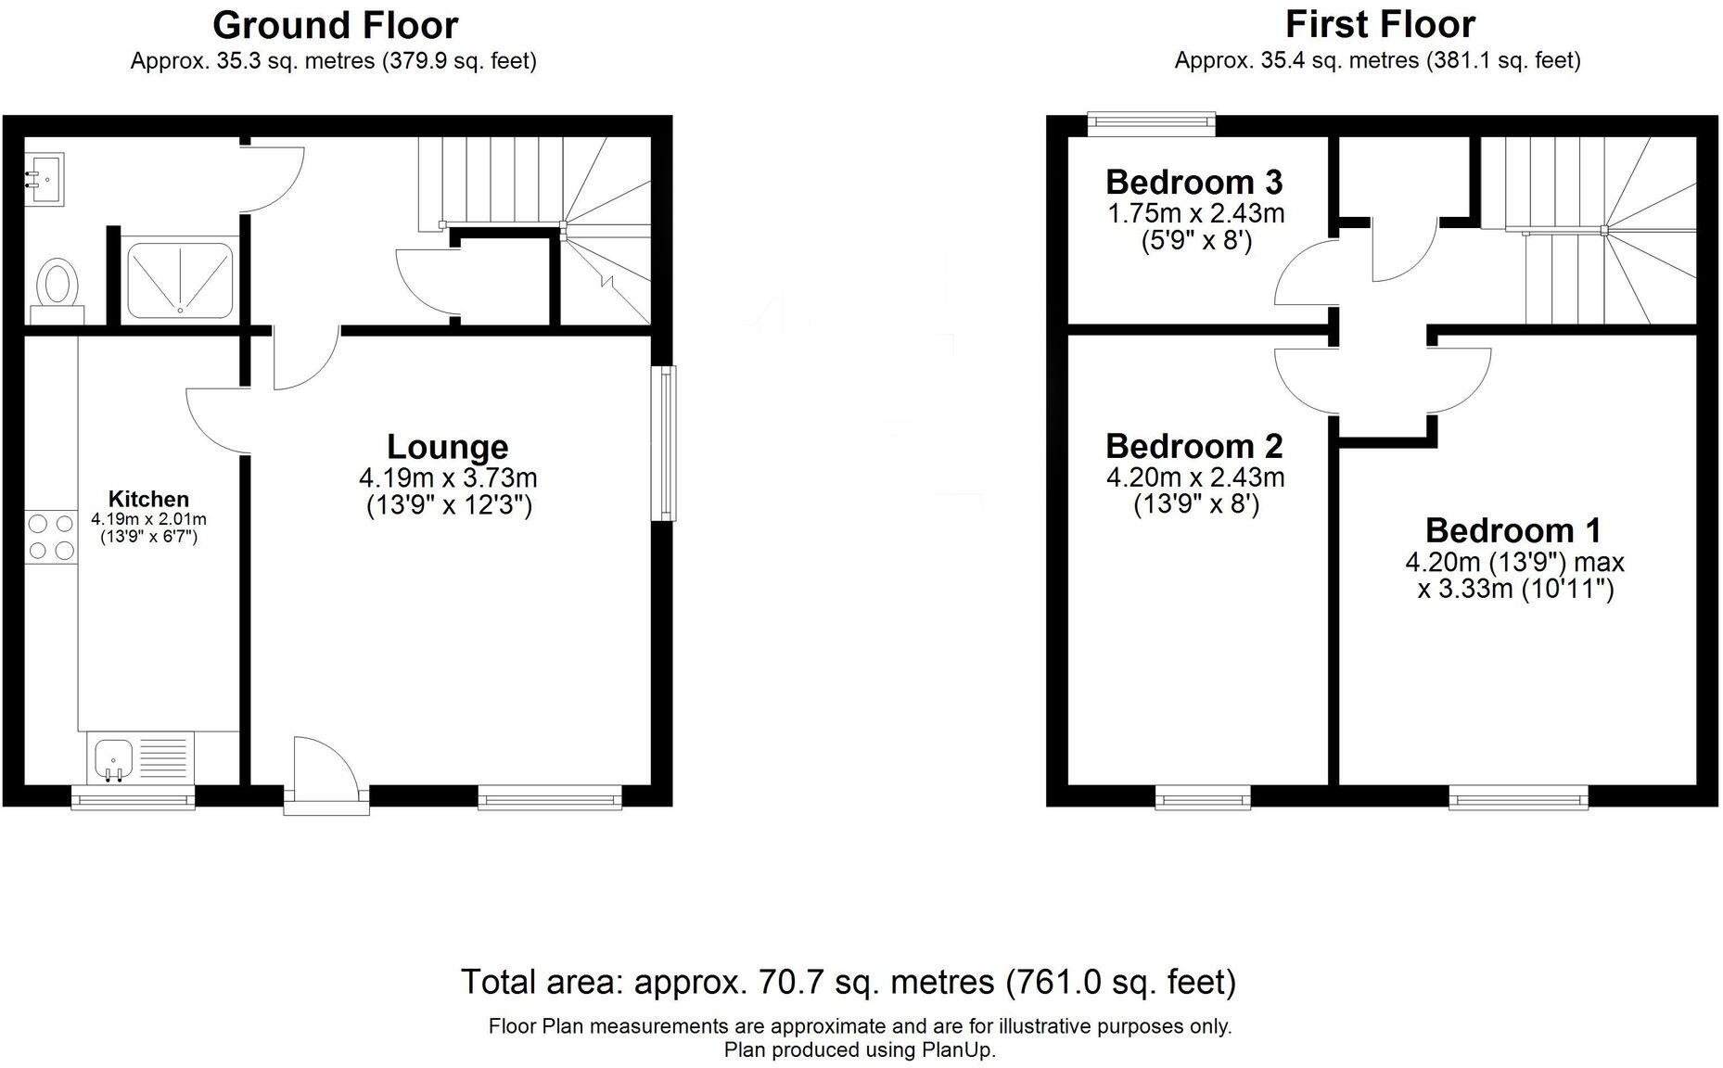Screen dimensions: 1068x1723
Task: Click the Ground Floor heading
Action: click(335, 25)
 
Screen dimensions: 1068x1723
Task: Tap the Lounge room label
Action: click(447, 447)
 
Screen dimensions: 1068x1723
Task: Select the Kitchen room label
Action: click(148, 499)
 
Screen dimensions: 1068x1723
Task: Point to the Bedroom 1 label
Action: click(1512, 530)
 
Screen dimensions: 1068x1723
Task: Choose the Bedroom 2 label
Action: click(1193, 446)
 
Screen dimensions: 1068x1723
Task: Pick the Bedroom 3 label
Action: click(1193, 182)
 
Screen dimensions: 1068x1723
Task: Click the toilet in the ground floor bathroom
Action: click(57, 285)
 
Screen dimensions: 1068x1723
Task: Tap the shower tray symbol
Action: click(179, 280)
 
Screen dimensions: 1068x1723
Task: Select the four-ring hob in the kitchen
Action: click(51, 537)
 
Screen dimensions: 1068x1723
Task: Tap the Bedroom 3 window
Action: click(1151, 120)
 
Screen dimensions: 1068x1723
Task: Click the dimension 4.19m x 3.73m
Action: click(448, 478)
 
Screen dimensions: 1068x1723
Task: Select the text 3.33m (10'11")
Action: click(1515, 590)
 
